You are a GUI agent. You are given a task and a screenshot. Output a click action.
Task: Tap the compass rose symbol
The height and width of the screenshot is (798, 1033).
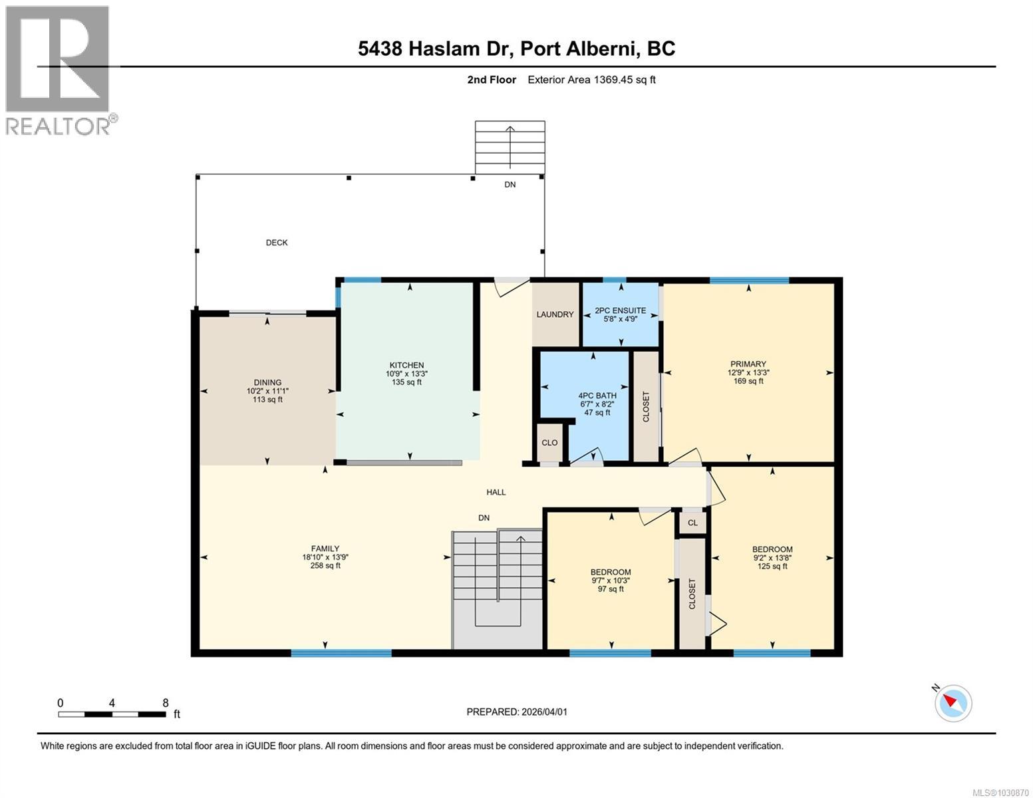(953, 702)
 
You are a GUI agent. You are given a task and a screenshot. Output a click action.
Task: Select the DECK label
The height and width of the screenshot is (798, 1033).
(277, 243)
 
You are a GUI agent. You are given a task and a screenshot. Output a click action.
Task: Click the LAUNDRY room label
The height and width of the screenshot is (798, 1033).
(555, 315)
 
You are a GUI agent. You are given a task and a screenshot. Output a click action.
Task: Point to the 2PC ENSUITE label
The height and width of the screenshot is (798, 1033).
(620, 311)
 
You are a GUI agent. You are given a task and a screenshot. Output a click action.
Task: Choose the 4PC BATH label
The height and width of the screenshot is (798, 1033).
(597, 396)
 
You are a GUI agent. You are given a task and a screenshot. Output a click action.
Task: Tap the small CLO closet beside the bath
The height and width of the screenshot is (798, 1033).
(549, 443)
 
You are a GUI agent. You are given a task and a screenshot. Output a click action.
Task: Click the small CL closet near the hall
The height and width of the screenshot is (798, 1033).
(692, 523)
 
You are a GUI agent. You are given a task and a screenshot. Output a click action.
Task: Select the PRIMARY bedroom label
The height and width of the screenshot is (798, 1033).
(748, 364)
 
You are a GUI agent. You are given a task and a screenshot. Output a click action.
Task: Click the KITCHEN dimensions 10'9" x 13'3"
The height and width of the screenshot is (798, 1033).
(406, 374)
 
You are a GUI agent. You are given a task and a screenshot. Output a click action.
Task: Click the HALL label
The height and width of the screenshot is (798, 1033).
(496, 492)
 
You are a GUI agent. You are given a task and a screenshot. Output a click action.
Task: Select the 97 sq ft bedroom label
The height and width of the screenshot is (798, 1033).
(611, 589)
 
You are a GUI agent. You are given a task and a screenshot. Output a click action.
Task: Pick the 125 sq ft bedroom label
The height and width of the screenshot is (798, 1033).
(772, 567)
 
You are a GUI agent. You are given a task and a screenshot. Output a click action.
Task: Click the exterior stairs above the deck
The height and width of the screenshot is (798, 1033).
(510, 146)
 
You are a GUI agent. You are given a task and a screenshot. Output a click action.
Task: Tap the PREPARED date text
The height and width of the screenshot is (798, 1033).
(517, 712)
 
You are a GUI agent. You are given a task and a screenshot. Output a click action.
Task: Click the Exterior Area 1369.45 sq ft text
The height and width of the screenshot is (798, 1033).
(591, 80)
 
